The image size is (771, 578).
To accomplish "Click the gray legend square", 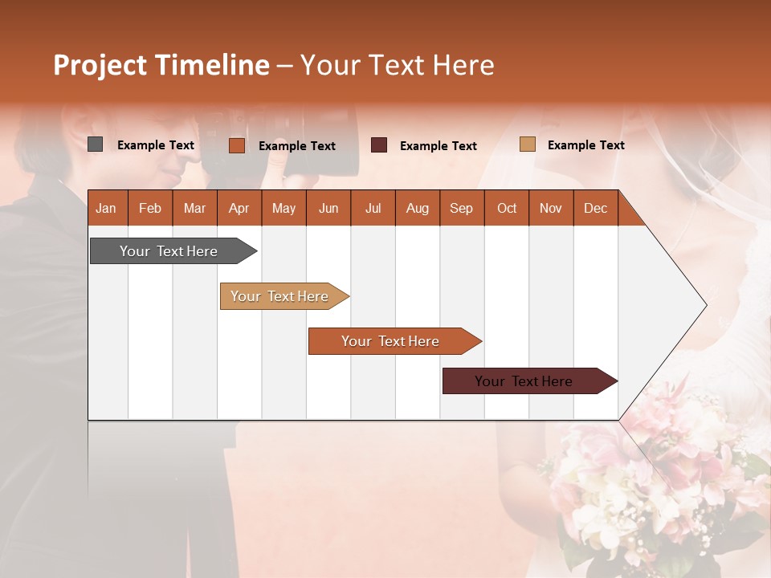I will pos(96,144).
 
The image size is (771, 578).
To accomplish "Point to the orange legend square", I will pos(236,145).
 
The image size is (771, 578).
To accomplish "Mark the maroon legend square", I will pos(378,145).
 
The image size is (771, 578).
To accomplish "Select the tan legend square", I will pos(527,144).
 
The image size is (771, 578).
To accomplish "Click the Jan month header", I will pos(106,208).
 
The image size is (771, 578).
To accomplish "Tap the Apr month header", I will pos(239,208).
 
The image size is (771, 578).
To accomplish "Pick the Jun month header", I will pos(328,208).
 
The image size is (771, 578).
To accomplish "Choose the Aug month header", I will pos(417,208).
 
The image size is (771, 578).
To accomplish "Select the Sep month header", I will pos(461,208).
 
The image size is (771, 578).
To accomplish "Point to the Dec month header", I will pos(595,208).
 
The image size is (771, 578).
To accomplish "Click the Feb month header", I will pos(150,208).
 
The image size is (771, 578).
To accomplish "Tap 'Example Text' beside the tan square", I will pos(585,145).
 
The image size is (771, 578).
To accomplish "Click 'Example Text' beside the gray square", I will pos(155,145).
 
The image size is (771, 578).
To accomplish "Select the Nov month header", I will pos(550,208).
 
